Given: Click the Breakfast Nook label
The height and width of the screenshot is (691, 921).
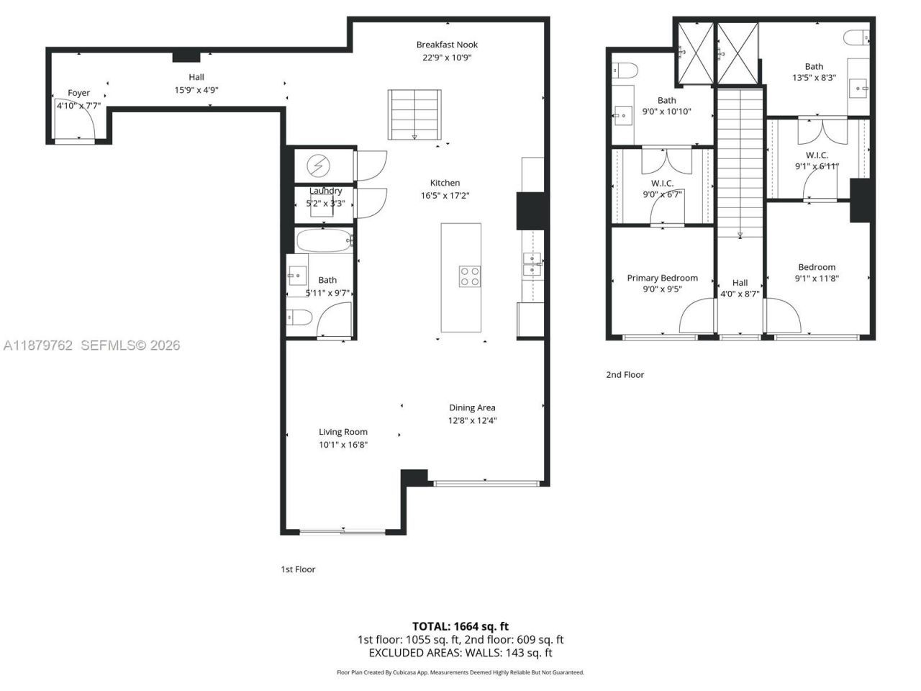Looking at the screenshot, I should point(447,45).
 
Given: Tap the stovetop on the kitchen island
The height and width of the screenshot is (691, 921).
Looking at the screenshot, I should point(470,276).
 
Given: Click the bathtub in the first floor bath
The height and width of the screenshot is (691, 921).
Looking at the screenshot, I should point(323,240).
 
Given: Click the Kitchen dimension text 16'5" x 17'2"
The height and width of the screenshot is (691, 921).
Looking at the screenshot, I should point(445,196).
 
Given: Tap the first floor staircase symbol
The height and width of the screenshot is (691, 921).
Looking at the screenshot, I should point(414,114).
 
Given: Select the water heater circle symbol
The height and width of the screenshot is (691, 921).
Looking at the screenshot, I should point(317,166).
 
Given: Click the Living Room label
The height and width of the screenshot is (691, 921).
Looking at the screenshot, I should point(343,432).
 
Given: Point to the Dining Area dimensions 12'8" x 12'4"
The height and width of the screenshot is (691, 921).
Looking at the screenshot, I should point(472,420).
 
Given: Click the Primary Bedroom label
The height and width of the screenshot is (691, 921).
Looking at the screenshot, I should point(662,278).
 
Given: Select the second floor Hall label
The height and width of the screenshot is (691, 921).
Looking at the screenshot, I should point(740,283).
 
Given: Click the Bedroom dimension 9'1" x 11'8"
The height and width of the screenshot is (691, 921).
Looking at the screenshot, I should point(817,279).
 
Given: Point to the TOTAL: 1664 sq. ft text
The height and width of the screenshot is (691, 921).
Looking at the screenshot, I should point(460,626).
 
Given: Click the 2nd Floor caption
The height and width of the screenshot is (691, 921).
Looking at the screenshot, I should point(625,374).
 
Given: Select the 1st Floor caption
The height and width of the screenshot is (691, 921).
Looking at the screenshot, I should point(298,569).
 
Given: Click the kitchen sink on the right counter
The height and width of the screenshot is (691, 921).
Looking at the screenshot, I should point(532,264).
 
